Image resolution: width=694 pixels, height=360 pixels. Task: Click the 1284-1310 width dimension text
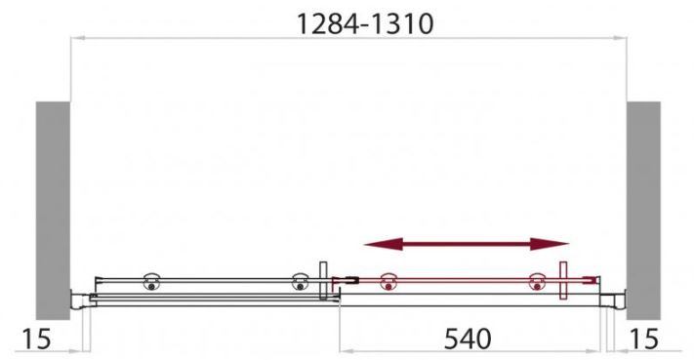365,23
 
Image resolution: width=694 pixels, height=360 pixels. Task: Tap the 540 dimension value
468,339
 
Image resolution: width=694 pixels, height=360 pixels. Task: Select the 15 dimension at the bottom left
36,339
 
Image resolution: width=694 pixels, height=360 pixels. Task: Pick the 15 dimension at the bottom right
644,339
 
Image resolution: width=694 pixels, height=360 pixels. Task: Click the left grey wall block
53,211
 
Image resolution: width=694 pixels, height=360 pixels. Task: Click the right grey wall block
643,211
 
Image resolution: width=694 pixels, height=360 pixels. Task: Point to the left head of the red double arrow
384,244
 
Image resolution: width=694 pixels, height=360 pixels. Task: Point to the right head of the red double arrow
550,244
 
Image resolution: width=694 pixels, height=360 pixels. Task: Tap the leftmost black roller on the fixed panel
152,282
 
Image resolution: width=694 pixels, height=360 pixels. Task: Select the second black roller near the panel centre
300,282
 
